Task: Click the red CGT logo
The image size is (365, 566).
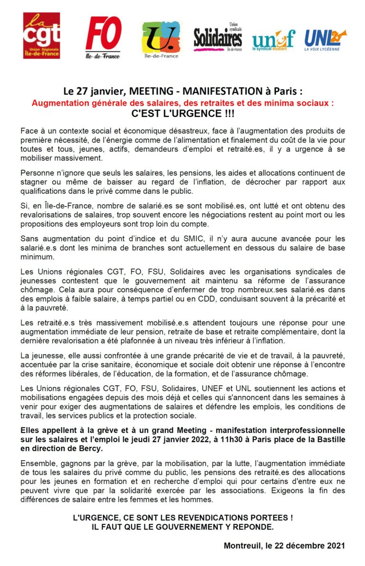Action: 41,36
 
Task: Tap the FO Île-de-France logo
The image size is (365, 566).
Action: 103,37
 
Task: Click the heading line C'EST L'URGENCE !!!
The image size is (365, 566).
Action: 182,114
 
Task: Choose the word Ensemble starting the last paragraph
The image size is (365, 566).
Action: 39,462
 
